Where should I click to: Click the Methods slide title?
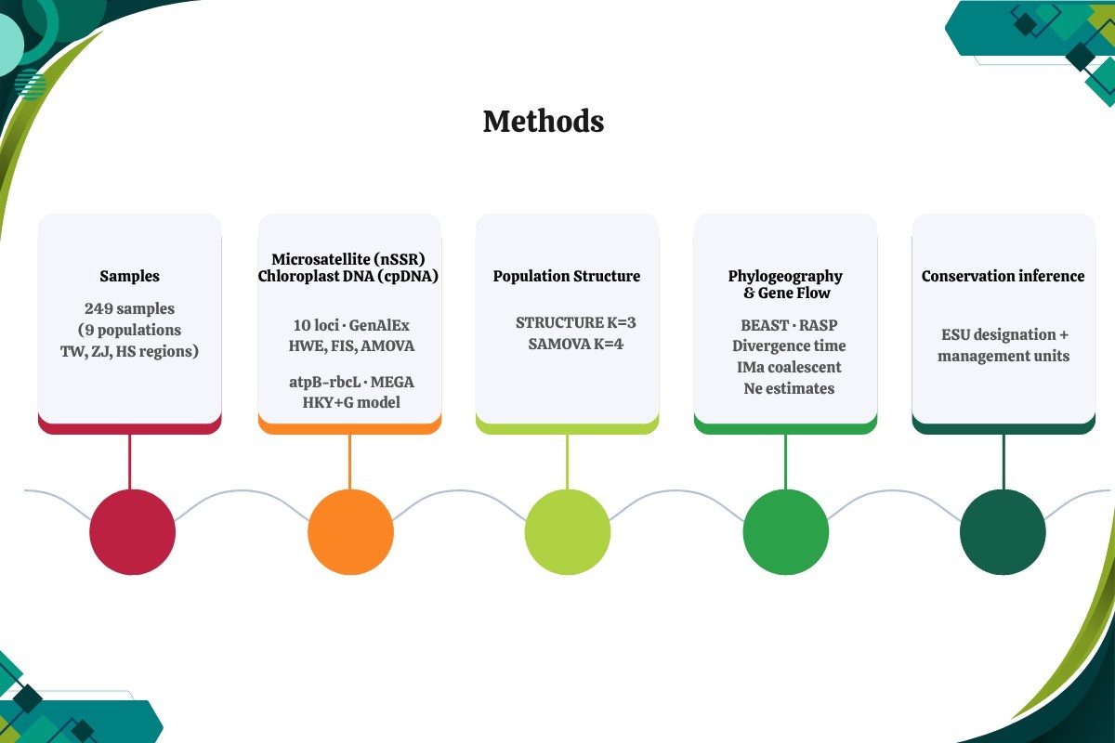click(544, 122)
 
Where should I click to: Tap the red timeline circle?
click(132, 532)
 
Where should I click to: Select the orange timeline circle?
click(350, 532)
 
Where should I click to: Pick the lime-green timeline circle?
click(568, 532)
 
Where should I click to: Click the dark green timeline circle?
click(1003, 532)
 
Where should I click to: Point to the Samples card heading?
click(129, 276)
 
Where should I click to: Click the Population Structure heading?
click(567, 276)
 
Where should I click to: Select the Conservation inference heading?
click(1003, 276)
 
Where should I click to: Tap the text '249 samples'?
click(129, 308)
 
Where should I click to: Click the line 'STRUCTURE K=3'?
click(576, 322)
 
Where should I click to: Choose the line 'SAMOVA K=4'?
click(576, 344)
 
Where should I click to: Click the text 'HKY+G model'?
click(351, 402)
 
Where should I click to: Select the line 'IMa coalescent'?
click(789, 367)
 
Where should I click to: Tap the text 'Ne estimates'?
click(789, 388)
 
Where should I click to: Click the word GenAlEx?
click(379, 325)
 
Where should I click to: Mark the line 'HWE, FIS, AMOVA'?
click(351, 345)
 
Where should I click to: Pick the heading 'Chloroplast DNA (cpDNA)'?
click(348, 276)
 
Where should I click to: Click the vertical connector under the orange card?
click(350, 462)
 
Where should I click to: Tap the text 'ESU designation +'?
click(1004, 334)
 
